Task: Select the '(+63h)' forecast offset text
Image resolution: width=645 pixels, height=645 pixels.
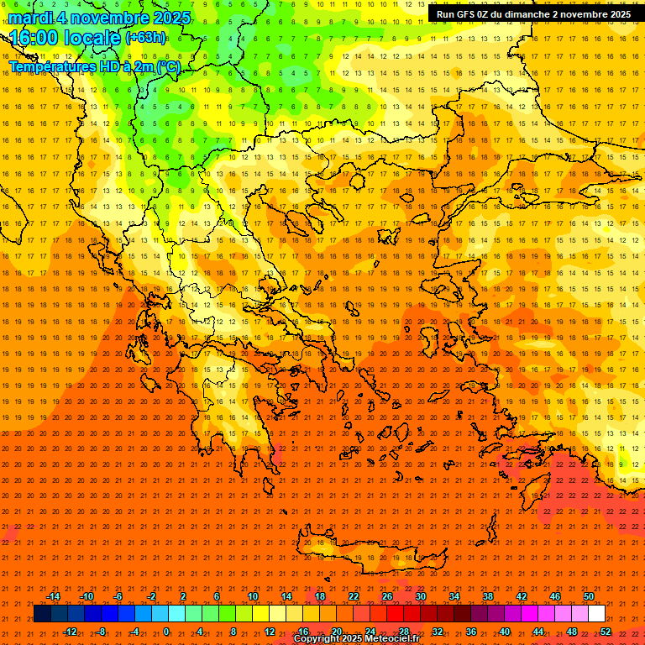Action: coord(145,38)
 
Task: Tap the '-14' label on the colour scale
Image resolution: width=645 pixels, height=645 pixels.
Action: coord(53,596)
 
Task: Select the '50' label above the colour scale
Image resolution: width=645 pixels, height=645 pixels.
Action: coord(588,596)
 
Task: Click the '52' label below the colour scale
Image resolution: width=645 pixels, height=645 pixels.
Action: coord(606,632)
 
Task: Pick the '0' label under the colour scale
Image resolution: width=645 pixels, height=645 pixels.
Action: coord(166,632)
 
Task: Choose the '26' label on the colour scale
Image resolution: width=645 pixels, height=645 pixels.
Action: coord(387,596)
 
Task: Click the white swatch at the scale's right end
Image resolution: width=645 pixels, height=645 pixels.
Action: coord(596,614)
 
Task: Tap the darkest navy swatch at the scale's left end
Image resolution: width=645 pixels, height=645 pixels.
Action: coord(42,614)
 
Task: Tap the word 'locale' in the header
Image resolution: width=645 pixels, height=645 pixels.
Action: coord(92,38)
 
